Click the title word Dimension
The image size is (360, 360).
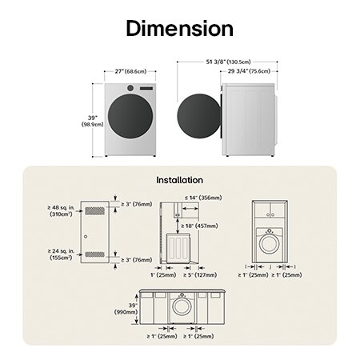point(179,29)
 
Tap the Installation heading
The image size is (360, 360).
point(179,180)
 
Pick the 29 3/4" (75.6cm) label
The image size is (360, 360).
point(248,70)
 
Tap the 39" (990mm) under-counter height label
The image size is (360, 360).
point(128,308)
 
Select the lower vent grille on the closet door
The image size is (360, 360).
point(94,254)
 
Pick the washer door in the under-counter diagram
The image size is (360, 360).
point(182,307)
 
